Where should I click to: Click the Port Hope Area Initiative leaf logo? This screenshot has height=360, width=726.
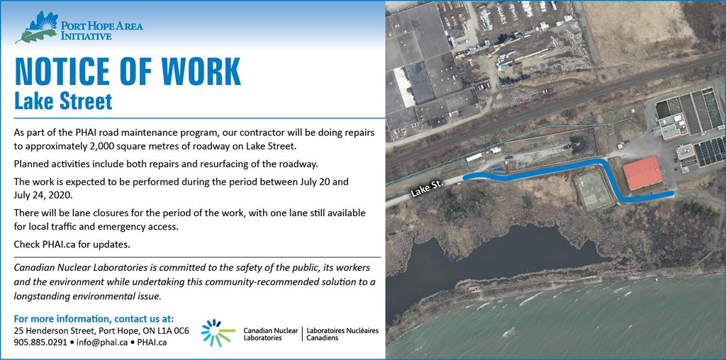coord(37,27)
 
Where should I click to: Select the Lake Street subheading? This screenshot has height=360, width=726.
coord(63,101)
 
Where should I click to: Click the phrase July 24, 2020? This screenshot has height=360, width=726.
coord(43,195)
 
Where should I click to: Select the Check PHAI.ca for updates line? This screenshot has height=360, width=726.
coord(72,244)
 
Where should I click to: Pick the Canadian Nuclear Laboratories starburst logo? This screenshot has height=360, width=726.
coord(218,332)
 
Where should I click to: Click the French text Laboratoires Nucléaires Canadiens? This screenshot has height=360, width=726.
coord(342,334)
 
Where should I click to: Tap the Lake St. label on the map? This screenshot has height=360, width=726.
coord(426,189)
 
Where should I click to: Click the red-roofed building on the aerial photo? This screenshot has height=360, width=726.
coord(642,173)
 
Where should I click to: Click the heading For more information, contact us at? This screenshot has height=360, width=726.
coord(94,319)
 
